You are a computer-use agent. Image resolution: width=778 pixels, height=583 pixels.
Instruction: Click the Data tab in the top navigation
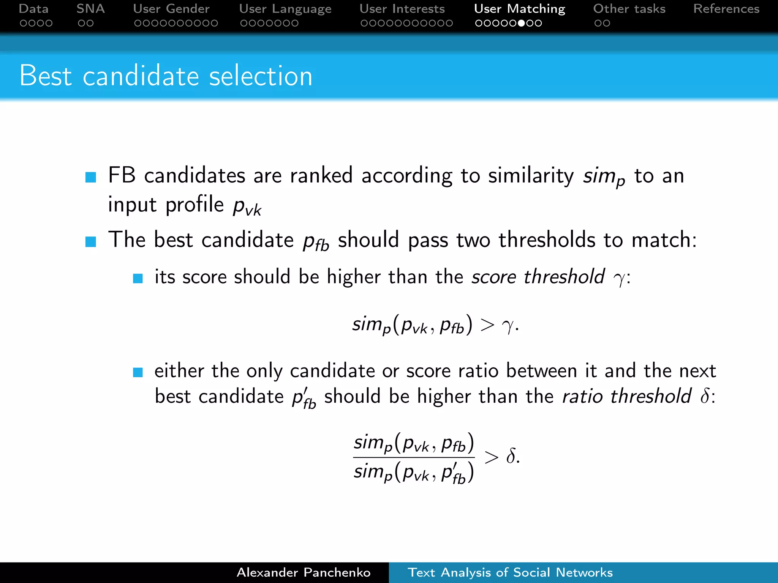[x=33, y=9]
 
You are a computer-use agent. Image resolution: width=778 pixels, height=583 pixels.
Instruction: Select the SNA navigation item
[x=90, y=9]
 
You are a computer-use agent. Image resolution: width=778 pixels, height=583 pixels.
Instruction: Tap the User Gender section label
[x=171, y=9]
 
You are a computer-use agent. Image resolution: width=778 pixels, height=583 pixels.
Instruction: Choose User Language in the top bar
[x=285, y=9]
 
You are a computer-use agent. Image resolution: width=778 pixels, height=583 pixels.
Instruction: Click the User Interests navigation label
[x=402, y=9]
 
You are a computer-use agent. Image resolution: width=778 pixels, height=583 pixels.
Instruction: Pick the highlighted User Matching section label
[x=519, y=9]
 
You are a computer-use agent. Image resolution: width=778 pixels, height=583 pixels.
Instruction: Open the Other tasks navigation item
[x=629, y=9]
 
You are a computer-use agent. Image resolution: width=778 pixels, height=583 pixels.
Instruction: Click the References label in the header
[x=726, y=9]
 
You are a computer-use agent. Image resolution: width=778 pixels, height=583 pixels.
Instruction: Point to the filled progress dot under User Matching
[x=522, y=23]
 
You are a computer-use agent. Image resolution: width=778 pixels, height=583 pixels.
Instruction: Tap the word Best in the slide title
[x=45, y=76]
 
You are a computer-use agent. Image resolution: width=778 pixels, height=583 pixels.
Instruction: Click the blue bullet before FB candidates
[x=91, y=177]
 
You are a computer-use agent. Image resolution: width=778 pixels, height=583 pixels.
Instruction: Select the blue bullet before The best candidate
[x=91, y=241]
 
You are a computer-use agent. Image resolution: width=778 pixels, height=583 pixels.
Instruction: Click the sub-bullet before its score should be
[x=138, y=279]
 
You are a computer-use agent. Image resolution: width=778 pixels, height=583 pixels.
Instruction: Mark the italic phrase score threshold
[x=538, y=276]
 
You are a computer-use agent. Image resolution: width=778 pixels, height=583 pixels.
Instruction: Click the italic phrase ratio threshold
[x=626, y=396]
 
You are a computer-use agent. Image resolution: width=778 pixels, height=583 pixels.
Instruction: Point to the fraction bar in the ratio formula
[x=414, y=457]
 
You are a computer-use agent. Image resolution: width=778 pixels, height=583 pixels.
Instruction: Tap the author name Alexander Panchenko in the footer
[x=303, y=572]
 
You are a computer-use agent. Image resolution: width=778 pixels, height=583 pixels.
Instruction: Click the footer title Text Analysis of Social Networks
[x=510, y=572]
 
